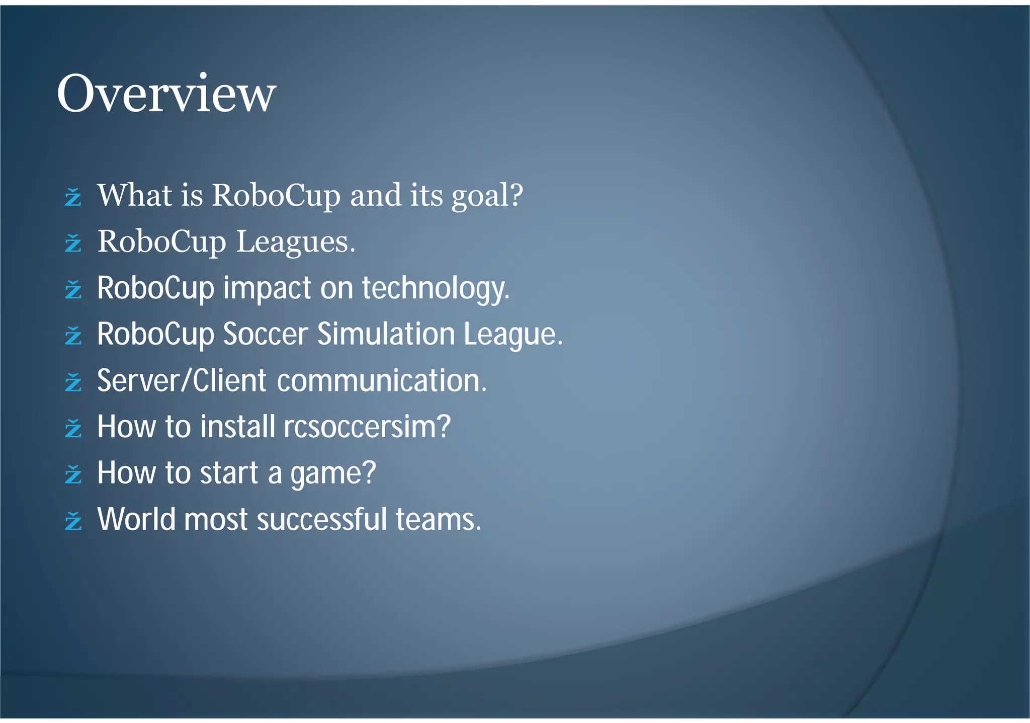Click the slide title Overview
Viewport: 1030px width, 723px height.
click(x=166, y=94)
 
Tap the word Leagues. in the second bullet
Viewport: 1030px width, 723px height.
click(x=296, y=242)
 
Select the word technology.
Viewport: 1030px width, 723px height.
click(x=436, y=288)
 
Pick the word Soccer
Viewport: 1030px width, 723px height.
click(x=265, y=334)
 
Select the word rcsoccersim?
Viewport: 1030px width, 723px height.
click(x=367, y=427)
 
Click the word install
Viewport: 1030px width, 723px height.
click(x=237, y=427)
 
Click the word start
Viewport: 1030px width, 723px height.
click(x=229, y=473)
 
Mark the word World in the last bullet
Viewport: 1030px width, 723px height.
click(x=137, y=520)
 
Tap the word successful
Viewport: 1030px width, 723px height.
click(x=322, y=520)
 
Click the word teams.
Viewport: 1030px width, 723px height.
click(x=438, y=520)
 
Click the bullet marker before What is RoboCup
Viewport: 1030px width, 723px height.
click(x=73, y=197)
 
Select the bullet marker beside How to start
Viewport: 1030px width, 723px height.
click(x=73, y=474)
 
